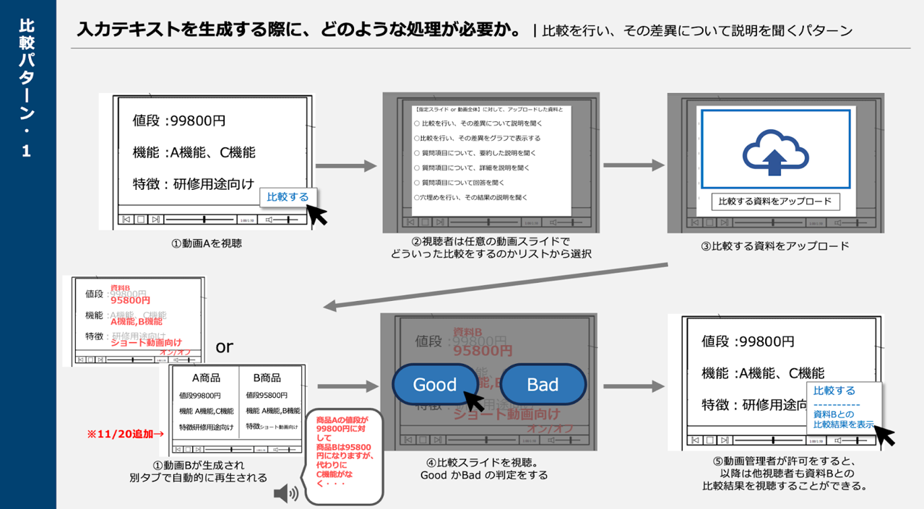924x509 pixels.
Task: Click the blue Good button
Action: click(x=435, y=384)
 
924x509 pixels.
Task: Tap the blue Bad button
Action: click(x=543, y=384)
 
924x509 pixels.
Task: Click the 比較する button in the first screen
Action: click(x=288, y=197)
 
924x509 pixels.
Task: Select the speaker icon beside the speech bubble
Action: click(x=286, y=494)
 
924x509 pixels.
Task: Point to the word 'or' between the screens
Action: click(x=225, y=347)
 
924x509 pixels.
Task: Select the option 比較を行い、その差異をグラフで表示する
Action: click(x=477, y=138)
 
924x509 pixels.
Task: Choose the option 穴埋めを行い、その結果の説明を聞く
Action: click(x=470, y=197)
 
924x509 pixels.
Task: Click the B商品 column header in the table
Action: click(x=267, y=378)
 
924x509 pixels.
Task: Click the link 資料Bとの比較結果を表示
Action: click(x=843, y=419)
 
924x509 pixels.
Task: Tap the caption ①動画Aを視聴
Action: click(x=207, y=244)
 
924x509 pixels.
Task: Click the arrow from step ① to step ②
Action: click(x=347, y=167)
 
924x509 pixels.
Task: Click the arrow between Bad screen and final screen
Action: click(x=634, y=387)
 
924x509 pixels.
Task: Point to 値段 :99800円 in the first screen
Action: click(x=184, y=121)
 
